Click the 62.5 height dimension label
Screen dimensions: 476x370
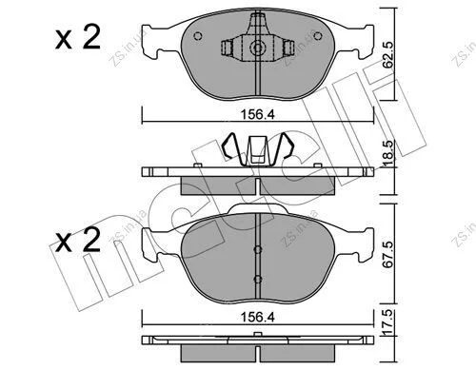click(x=387, y=54)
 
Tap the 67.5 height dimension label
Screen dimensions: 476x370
click(x=387, y=254)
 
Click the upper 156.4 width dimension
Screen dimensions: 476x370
click(x=257, y=115)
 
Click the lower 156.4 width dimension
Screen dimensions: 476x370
click(x=257, y=317)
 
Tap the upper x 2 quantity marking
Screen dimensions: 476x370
click(x=78, y=37)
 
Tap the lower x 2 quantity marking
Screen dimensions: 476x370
click(x=78, y=240)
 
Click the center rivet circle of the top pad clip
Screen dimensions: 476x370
click(x=258, y=49)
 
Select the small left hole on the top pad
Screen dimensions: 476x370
click(x=198, y=36)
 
